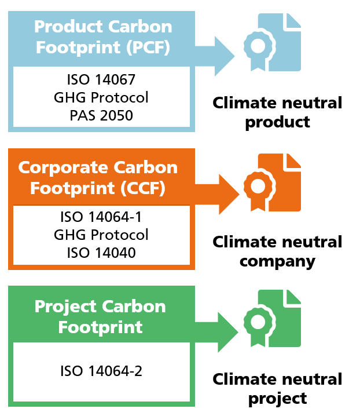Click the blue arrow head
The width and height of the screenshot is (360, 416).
pos(224,56)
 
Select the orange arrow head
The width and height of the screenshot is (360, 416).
pos(229,194)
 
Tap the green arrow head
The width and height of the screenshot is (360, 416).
pos(227,332)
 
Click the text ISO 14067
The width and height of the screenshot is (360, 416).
pos(101,79)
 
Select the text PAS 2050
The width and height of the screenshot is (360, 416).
pos(101,115)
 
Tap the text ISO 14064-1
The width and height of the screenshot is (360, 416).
pos(101,217)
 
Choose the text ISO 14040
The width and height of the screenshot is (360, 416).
pos(101,253)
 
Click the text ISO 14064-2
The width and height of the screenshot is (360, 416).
pos(101,371)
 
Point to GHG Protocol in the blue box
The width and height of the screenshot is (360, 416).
pos(101,97)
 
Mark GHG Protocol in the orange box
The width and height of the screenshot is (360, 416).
pos(101,235)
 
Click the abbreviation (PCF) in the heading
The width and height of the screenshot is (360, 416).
pos(148,48)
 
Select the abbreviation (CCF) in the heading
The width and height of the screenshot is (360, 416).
pos(143,188)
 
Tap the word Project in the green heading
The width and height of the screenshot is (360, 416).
pos(65,308)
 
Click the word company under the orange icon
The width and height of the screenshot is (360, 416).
pos(278,262)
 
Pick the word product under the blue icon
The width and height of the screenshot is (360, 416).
pos(278,123)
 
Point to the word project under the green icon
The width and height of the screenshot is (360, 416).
pos(278,399)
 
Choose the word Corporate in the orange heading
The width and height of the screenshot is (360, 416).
pos(63,168)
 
